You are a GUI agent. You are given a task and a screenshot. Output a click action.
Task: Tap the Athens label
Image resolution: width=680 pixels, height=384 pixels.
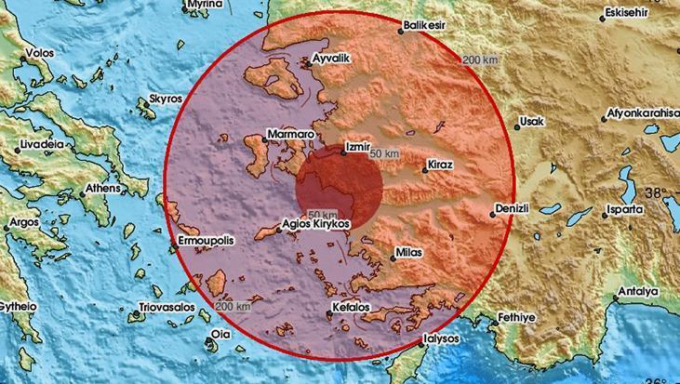104,189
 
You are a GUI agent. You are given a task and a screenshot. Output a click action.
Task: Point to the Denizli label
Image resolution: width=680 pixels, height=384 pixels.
517,206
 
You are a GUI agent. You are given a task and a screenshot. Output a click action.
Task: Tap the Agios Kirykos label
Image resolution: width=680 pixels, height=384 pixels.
316,224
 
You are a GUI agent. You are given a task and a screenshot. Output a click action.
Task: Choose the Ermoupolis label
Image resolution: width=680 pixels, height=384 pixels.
203,241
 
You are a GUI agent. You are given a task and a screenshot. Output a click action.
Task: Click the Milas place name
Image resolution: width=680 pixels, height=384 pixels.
408,252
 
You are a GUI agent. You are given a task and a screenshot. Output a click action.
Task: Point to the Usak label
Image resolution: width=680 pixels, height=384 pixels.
531,122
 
